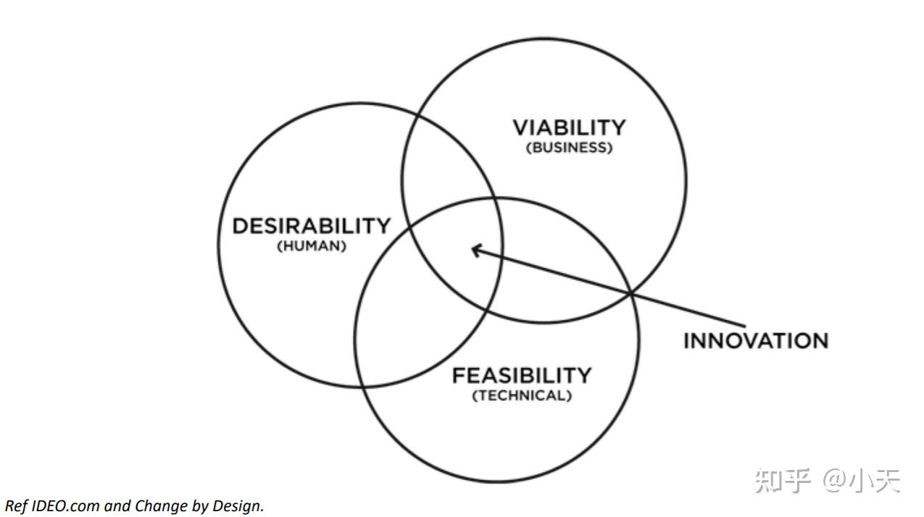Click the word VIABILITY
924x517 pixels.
[569, 128]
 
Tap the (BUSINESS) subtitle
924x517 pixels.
[569, 148]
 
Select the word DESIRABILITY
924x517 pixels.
[311, 226]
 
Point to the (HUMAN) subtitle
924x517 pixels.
[312, 246]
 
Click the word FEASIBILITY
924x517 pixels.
[522, 376]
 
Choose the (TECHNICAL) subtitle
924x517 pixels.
[522, 396]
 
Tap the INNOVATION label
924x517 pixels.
[755, 340]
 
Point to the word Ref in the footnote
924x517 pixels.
[15, 506]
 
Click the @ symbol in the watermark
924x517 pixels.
[833, 480]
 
